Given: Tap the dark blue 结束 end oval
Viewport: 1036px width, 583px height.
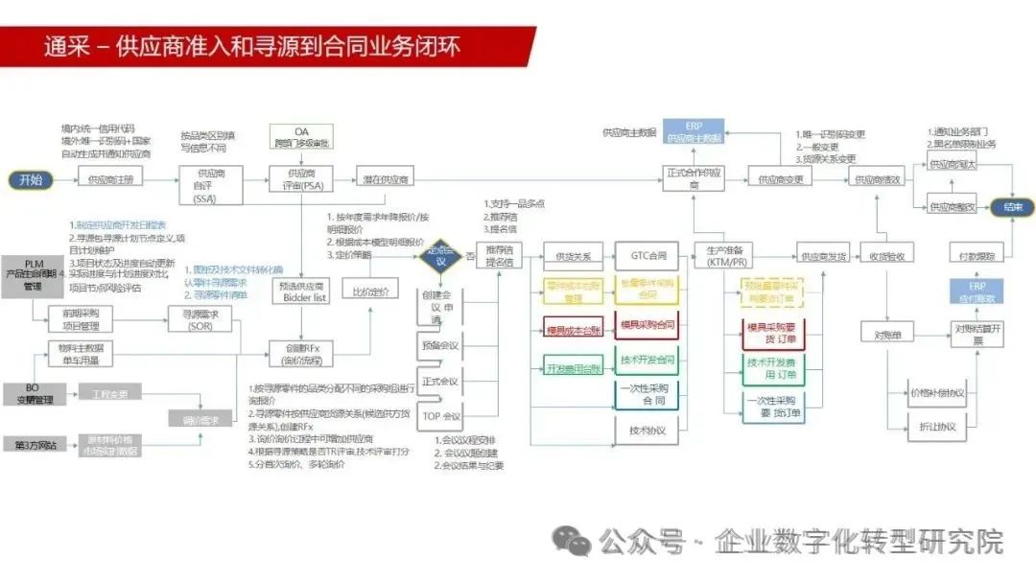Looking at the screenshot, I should pos(1013,207).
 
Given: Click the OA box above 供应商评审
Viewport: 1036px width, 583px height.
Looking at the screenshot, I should pos(301,136).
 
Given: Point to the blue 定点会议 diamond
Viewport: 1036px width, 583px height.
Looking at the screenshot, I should pos(440,256).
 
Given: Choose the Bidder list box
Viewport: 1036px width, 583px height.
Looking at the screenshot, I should pos(303,292).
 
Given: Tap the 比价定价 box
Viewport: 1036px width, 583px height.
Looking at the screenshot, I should pos(369,291).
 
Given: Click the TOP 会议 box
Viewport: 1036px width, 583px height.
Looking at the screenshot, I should pos(441,416).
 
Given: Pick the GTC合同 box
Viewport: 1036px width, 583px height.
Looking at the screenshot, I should pos(647,257).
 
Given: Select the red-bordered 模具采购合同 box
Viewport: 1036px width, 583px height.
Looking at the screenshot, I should pos(647,327).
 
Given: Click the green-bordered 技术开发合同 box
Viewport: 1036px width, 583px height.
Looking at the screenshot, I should pos(647,361).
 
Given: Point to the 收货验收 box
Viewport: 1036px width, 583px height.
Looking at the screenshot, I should pos(886,257).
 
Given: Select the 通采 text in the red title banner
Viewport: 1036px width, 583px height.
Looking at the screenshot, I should pos(67,46).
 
